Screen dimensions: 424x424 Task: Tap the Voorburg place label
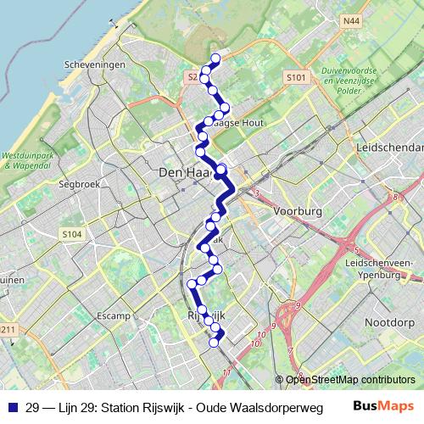coord(296,209)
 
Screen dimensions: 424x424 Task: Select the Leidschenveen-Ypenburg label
coord(368,270)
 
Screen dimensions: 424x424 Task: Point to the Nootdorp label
coord(388,322)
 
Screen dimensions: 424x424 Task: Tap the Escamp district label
coord(114,315)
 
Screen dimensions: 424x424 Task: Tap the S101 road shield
coord(294,78)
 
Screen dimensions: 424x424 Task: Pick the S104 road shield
coord(71,233)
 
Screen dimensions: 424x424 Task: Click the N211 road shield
coord(7,329)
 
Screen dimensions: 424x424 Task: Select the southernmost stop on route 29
coord(215,343)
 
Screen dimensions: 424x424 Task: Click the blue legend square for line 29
coord(10,407)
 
